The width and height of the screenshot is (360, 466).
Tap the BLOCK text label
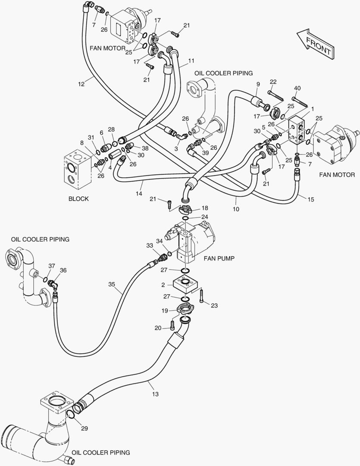tap(78, 199)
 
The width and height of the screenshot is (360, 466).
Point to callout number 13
tap(156, 394)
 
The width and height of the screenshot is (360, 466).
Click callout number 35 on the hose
tap(112, 284)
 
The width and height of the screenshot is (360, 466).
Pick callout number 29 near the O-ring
tap(85, 428)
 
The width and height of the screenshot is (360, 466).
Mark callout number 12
tap(81, 84)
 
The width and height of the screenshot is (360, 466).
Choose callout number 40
tap(297, 88)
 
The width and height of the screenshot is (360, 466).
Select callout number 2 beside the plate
tap(163, 284)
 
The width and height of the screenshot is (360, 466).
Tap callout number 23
tap(214, 305)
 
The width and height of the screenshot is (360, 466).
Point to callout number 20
tap(158, 328)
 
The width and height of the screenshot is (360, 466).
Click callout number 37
tap(51, 266)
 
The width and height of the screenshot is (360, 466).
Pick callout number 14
tap(139, 194)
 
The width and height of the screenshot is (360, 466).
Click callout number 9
tap(258, 84)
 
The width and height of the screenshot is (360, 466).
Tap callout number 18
tap(204, 208)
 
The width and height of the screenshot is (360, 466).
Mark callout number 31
tap(91, 138)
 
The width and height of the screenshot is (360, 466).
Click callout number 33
tap(150, 246)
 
